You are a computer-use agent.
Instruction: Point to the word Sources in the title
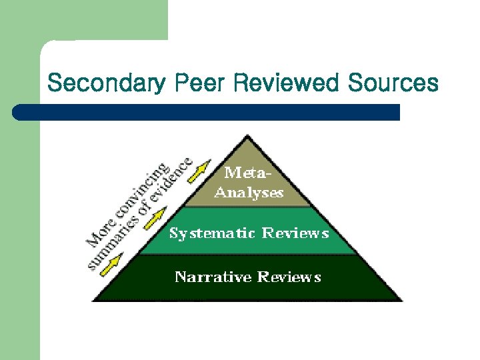coord(393,83)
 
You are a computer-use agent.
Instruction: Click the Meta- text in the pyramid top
coord(247,174)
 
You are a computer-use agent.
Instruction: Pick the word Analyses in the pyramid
coord(248,193)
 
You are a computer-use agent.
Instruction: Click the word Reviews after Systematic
coord(295,233)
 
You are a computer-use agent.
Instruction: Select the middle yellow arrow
coord(155,217)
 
